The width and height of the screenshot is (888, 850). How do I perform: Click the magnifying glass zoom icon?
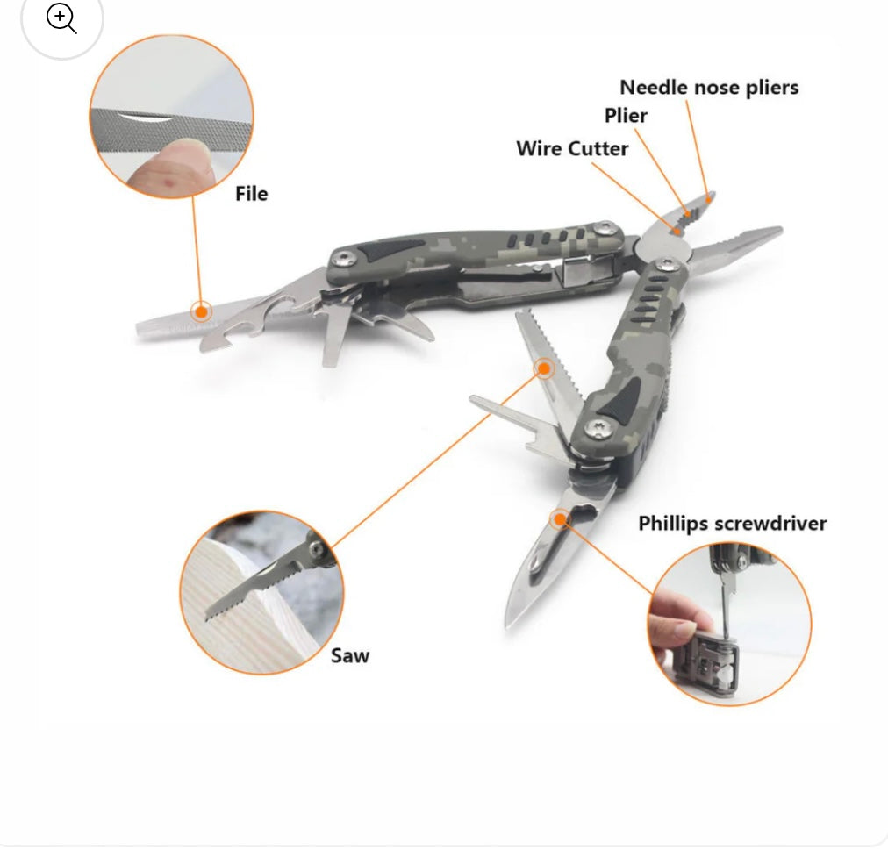click(61, 18)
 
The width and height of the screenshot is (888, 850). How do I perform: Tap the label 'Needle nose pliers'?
click(709, 87)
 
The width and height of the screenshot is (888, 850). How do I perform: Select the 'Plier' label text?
click(626, 116)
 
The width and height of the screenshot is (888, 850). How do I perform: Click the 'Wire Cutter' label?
click(572, 148)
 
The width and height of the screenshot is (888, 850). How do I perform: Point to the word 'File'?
click(252, 194)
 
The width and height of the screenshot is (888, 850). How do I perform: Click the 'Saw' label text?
click(350, 656)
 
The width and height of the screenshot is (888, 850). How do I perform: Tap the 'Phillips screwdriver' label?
click(733, 524)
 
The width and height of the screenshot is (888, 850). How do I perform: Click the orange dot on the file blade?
click(201, 311)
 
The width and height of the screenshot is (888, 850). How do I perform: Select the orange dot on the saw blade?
click(544, 368)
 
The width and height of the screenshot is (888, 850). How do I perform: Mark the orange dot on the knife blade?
click(560, 518)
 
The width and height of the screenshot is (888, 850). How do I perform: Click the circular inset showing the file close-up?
click(172, 116)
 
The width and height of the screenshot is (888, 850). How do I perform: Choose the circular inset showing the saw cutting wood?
click(261, 592)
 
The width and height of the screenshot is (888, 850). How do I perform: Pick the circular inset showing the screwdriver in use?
click(729, 624)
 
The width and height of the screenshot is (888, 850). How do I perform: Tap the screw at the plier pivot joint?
click(668, 264)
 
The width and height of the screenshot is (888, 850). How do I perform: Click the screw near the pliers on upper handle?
click(605, 228)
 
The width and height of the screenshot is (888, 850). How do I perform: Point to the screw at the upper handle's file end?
click(344, 259)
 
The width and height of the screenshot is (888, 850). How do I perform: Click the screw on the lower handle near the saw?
click(597, 429)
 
